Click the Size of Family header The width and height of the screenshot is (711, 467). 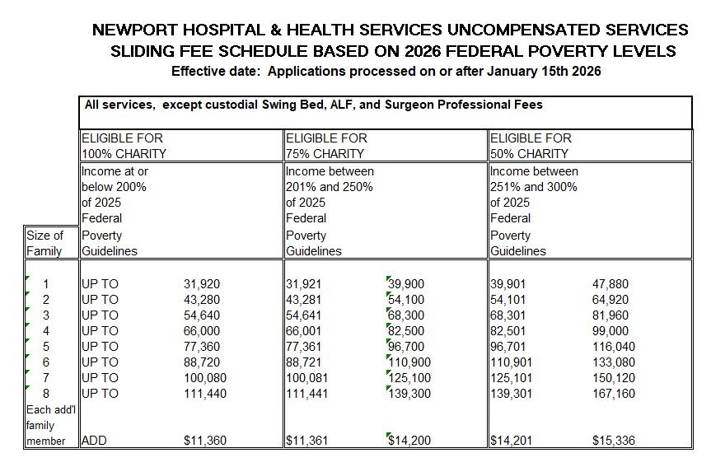(x=45, y=243)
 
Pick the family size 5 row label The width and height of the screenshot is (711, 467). (x=46, y=347)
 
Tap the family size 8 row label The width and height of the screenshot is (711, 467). (x=46, y=394)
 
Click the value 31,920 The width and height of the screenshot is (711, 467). (x=201, y=284)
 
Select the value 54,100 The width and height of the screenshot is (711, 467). (x=407, y=300)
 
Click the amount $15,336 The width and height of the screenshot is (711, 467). (x=613, y=441)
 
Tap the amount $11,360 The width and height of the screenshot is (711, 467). (x=203, y=441)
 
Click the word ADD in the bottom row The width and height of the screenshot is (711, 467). (x=94, y=441)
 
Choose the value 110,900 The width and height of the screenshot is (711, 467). (x=407, y=362)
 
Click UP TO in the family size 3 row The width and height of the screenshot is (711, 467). (x=100, y=315)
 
